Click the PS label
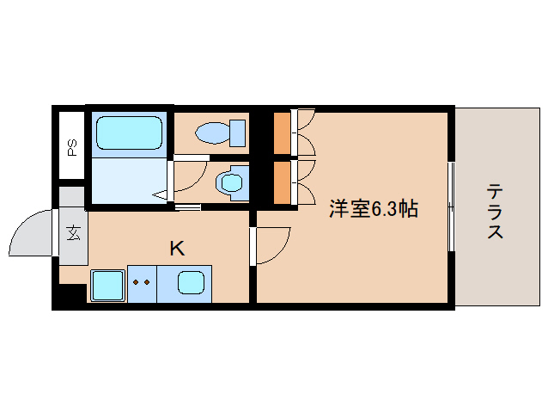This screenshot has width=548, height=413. point(71,146)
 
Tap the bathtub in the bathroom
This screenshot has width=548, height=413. point(129,133)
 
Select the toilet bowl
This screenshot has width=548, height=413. point(210,133)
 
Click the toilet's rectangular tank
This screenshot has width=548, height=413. point(238,133)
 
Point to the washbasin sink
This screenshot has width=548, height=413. point(230,182)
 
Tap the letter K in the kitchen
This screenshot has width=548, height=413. point(176,249)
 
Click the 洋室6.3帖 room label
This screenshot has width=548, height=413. point(374,208)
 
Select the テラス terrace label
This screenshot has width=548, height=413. point(494,211)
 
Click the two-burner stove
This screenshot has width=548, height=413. point(143,282)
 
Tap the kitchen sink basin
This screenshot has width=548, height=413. point(191,282)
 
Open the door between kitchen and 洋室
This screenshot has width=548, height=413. point(273,245)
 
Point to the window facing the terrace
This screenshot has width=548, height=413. point(450,206)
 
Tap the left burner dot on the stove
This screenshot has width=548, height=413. point(137,280)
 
